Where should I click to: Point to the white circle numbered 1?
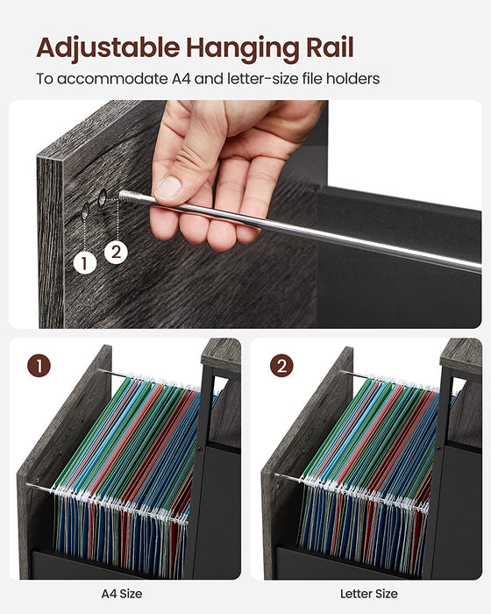coord(85,262)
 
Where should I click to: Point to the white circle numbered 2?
coord(117,252)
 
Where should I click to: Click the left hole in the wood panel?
coord(86,210)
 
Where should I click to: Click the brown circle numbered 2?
coord(281,366)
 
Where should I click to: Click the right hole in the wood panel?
coord(103,200)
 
